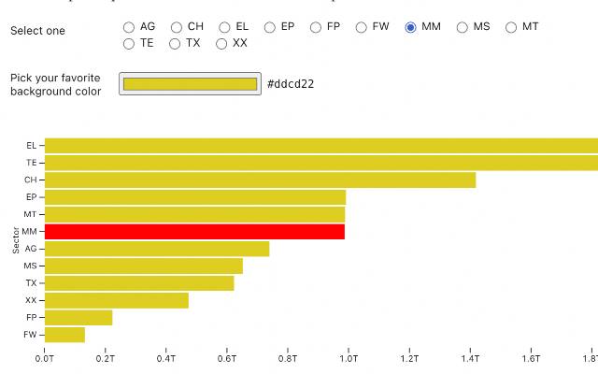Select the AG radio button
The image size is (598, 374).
click(x=129, y=27)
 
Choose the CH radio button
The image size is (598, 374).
click(x=177, y=27)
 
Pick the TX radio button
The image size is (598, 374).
click(x=175, y=43)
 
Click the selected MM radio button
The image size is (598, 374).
click(x=410, y=27)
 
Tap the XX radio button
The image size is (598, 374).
click(x=221, y=43)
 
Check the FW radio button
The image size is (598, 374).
click(x=362, y=27)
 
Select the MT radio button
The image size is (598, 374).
click(x=511, y=27)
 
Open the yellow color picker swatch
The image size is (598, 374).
click(x=190, y=84)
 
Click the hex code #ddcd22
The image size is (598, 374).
click(x=291, y=84)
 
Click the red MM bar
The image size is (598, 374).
click(x=194, y=231)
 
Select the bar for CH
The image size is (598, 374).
click(x=260, y=180)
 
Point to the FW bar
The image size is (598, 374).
click(x=64, y=335)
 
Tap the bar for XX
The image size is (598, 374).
click(x=116, y=300)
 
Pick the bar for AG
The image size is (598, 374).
click(x=157, y=249)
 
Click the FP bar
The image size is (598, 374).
click(x=78, y=317)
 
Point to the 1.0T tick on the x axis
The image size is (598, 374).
click(x=349, y=357)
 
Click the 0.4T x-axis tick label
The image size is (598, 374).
click(x=166, y=357)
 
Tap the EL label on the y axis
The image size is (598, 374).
click(x=31, y=146)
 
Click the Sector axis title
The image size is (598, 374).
click(x=16, y=239)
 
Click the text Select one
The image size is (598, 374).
click(x=38, y=31)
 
